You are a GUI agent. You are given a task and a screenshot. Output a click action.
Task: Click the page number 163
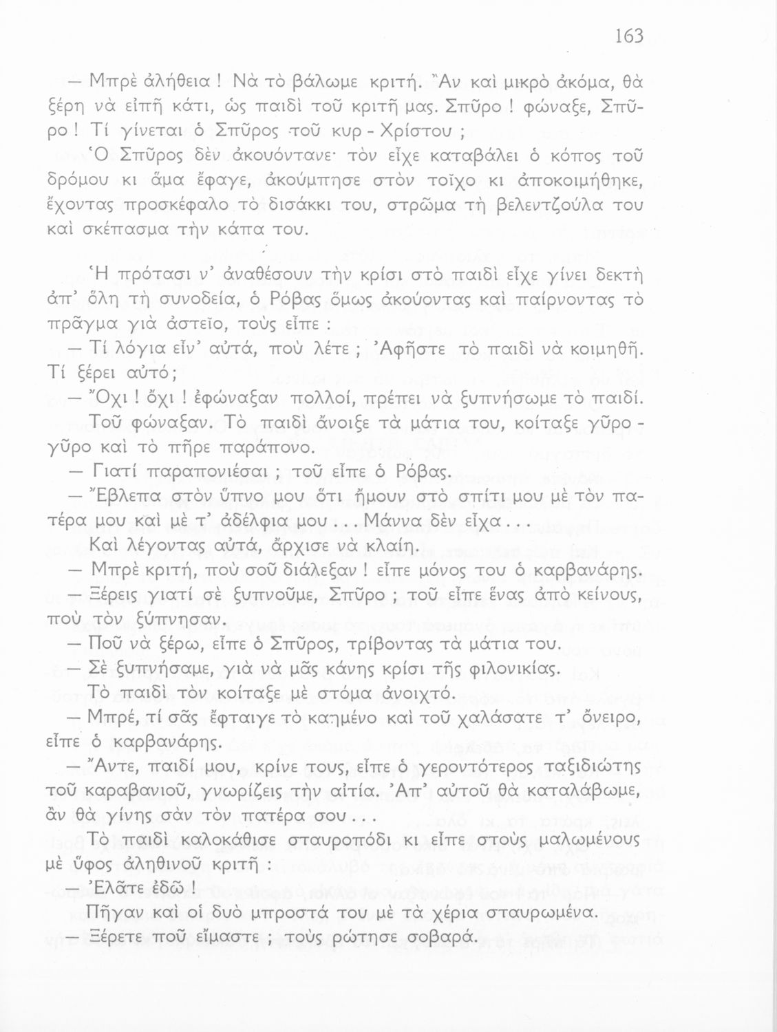(x=628, y=36)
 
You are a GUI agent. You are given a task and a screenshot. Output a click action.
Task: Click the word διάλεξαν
(x=315, y=570)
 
